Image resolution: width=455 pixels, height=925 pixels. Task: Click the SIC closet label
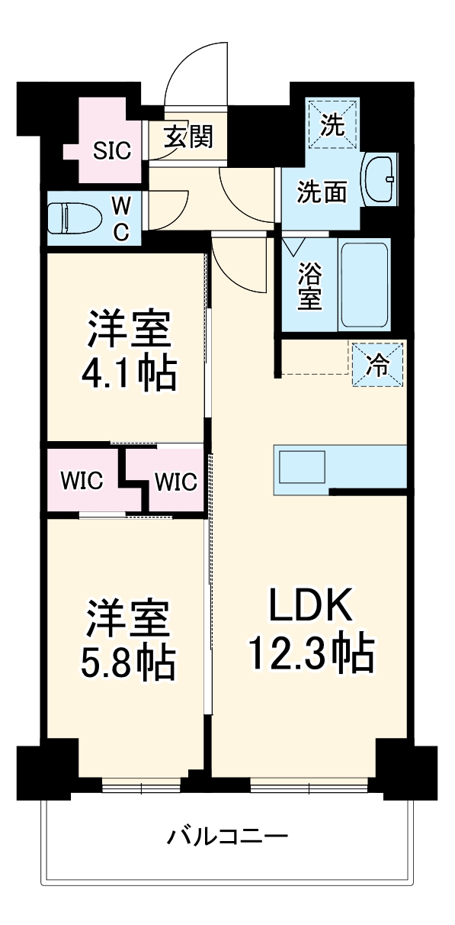tap(112, 150)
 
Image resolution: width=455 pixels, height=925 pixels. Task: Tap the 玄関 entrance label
tap(188, 137)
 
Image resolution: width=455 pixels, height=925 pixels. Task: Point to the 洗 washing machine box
tap(332, 123)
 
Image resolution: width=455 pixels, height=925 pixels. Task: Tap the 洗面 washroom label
tap(322, 192)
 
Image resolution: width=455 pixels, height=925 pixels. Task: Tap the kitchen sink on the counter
tap(303, 466)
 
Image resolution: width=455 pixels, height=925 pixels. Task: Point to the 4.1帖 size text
tap(128, 373)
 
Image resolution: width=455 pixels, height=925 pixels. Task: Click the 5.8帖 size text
tap(128, 662)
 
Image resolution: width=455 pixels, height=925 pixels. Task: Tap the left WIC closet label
tap(83, 482)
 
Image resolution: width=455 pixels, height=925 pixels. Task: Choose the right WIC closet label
tap(175, 482)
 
